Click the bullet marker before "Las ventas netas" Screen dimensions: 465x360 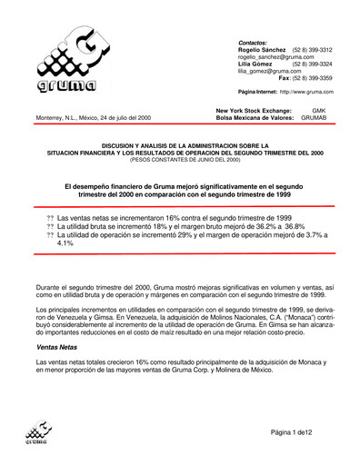point(50,220)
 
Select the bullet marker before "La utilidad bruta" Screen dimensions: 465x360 point(50,228)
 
